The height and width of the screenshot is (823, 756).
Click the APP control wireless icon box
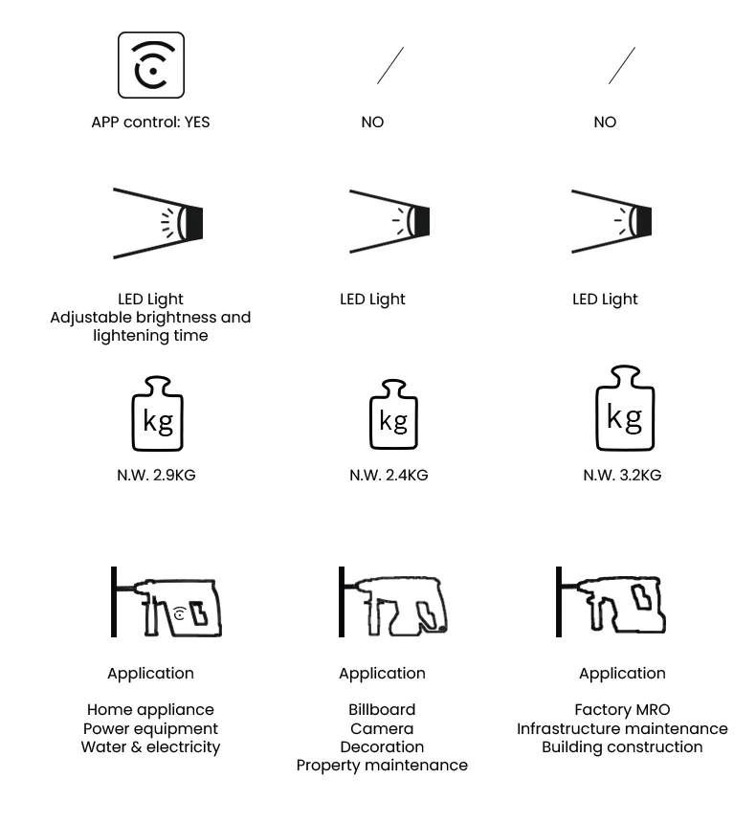pos(151,65)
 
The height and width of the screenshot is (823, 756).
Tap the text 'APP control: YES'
pos(150,122)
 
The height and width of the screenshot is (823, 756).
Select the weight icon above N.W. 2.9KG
pos(157,413)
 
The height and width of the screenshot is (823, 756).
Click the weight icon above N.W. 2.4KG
pos(393,414)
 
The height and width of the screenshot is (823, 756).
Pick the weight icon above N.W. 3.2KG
pos(625,408)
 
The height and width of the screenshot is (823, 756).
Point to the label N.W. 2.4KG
pos(389,475)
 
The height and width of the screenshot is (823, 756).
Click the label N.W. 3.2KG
pos(622,475)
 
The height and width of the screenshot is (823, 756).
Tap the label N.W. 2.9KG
pos(156,475)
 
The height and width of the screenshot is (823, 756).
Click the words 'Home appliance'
pos(150,709)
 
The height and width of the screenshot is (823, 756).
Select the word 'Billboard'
pos(382,709)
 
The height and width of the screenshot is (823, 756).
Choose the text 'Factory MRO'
pos(622,709)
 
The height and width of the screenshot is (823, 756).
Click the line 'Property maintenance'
pos(382,765)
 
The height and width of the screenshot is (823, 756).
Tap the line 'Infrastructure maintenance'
pos(622,728)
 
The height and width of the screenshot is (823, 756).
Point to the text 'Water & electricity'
pos(150,746)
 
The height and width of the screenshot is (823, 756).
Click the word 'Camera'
pos(382,728)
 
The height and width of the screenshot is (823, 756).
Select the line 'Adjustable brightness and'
pos(150,317)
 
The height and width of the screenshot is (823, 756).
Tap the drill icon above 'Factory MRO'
pos(611,603)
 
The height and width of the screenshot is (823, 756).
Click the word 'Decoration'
pos(382,746)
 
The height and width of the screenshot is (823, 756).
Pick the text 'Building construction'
pos(622,746)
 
